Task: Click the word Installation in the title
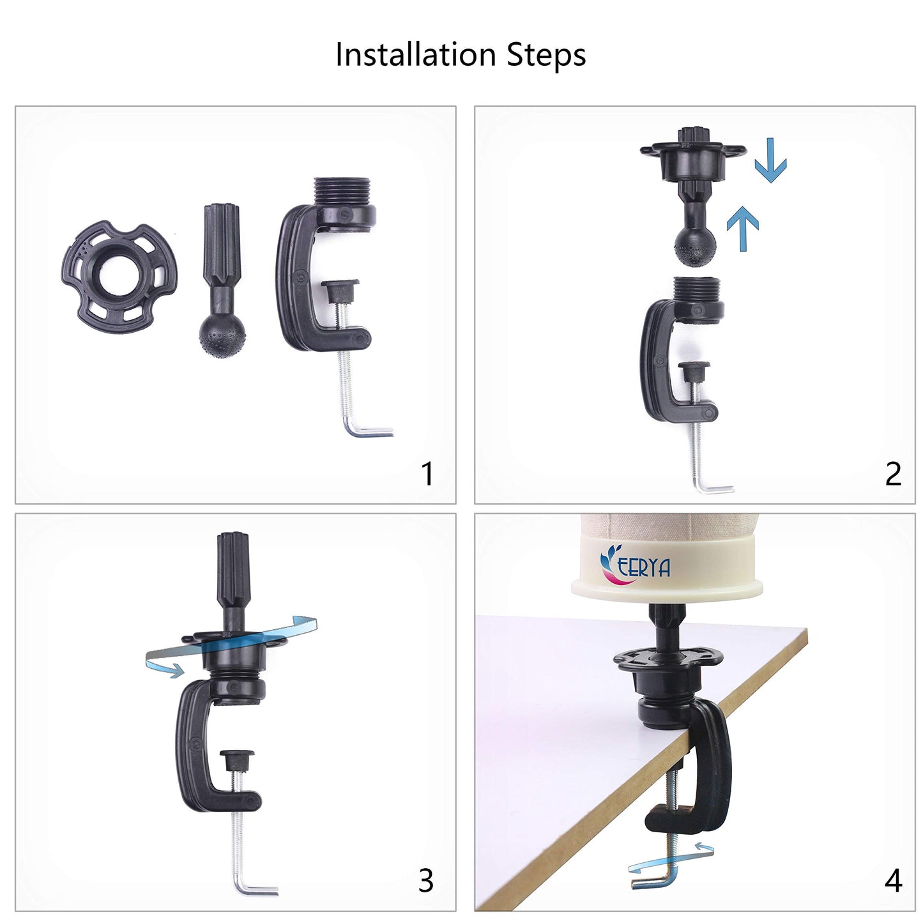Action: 415,54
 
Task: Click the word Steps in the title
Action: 547,55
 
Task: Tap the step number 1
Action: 427,474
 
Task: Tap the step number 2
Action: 894,474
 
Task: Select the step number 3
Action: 426,880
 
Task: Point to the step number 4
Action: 894,880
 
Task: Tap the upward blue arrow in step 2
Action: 743,229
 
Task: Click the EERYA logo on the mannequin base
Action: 635,565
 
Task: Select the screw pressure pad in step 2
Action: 694,370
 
